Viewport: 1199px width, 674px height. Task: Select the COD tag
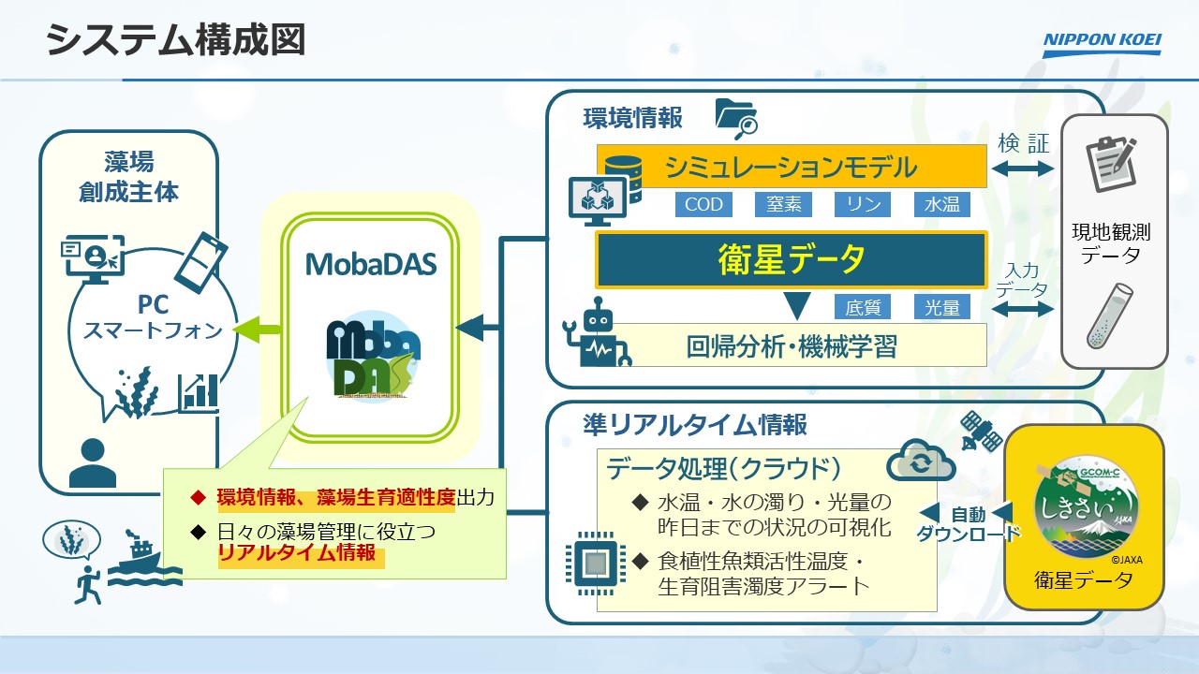[x=703, y=204]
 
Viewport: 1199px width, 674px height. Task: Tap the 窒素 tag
[x=783, y=204]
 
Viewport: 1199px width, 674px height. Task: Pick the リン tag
[x=863, y=204]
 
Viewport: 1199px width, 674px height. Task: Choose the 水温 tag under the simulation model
[x=942, y=204]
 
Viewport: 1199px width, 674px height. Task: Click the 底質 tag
[x=863, y=307]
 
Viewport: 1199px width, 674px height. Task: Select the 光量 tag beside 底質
[x=942, y=307]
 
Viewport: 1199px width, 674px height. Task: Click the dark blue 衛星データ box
[x=792, y=259]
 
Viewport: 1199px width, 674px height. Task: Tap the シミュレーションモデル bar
[x=792, y=167]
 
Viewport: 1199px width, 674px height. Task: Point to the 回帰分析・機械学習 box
[x=792, y=345]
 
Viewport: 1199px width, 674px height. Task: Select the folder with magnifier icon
[x=735, y=117]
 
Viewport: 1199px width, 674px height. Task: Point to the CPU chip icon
[x=595, y=564]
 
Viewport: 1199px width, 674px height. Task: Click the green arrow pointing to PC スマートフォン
[x=257, y=329]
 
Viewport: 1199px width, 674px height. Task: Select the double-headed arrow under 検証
[x=1023, y=169]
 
